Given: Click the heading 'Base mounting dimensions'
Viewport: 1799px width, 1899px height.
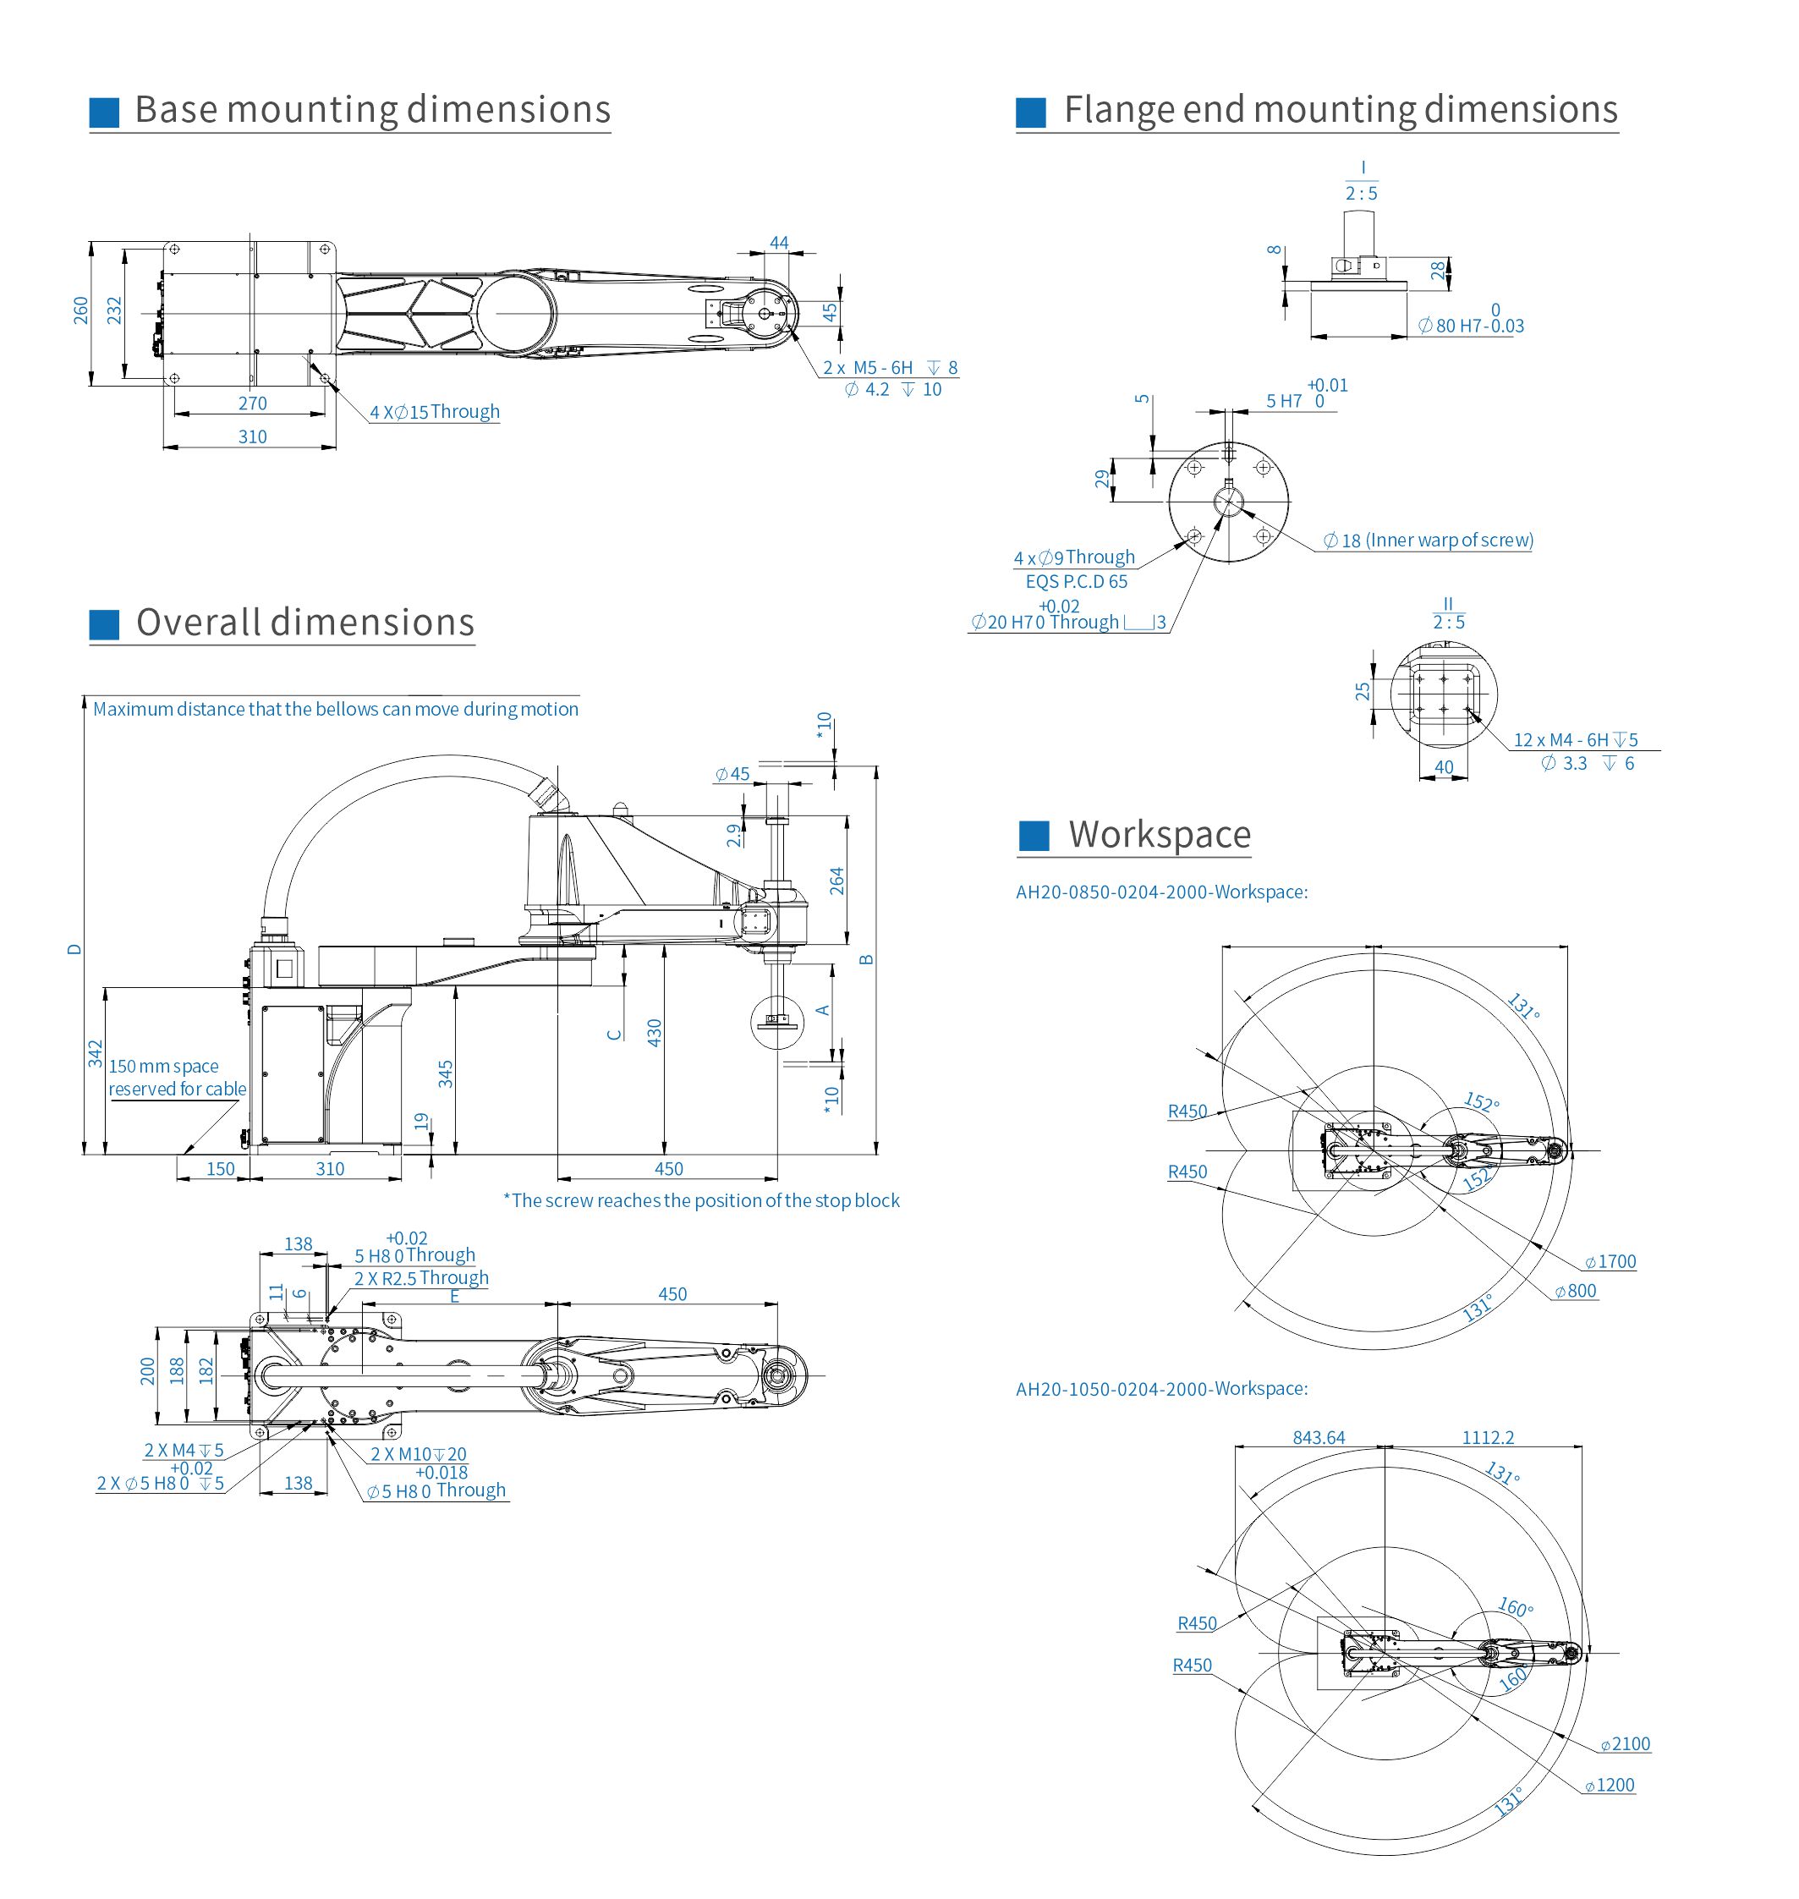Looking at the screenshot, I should [372, 110].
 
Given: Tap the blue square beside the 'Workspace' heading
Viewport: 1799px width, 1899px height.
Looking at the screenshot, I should [1033, 836].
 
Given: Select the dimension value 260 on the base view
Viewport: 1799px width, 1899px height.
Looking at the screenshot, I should [81, 310].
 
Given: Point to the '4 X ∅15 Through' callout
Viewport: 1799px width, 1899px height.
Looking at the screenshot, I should [435, 413].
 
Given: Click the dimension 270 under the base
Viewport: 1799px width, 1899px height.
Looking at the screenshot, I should [252, 403].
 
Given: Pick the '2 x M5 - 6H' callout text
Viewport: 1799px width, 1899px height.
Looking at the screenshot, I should [867, 368].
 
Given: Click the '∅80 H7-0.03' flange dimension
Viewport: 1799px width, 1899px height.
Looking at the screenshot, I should [1471, 327].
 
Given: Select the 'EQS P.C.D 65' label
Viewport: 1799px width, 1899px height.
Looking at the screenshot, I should [1076, 582].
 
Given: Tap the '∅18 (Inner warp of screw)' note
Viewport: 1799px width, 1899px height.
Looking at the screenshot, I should [1428, 541].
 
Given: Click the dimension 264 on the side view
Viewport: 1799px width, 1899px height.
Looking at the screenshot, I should [837, 881].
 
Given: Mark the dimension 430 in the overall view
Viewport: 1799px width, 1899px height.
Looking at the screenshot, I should [655, 1032].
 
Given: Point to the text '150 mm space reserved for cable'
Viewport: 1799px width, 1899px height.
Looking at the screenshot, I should [177, 1077].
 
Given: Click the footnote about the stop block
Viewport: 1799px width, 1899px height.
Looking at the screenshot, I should [701, 1201].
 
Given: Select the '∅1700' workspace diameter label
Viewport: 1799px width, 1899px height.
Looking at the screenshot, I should [1611, 1262].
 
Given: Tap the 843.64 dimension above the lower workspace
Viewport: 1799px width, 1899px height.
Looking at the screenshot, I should [1319, 1438].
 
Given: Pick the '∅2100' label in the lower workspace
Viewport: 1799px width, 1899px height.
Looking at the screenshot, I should [1626, 1744].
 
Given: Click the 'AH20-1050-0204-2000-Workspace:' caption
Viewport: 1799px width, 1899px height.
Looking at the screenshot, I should [1161, 1389].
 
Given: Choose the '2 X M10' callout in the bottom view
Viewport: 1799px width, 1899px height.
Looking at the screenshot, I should [418, 1454].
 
